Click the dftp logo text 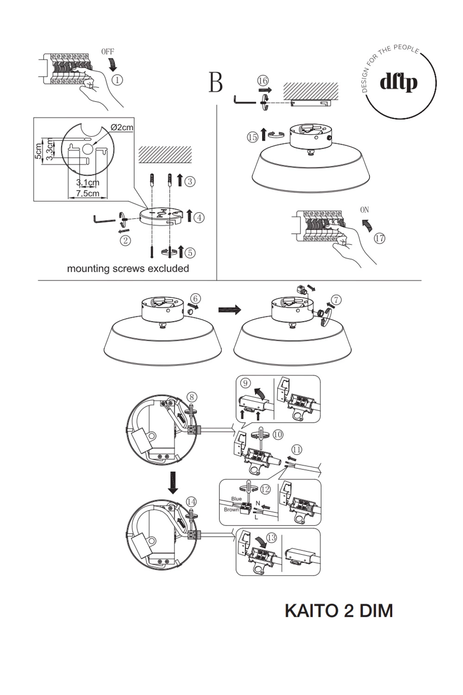tap(399, 83)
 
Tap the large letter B tap(216, 82)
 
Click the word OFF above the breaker tap(107, 52)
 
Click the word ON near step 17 tap(364, 210)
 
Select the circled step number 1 tap(118, 80)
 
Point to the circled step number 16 tap(263, 81)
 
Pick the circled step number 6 tap(196, 299)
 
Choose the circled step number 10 tap(277, 435)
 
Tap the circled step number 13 tap(272, 537)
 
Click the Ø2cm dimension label tap(122, 127)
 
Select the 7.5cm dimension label tap(88, 193)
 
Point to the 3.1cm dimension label tap(88, 183)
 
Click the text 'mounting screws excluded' tap(128, 269)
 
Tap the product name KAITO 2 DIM tap(339, 611)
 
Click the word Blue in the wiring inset tap(236, 499)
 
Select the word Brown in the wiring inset tap(231, 510)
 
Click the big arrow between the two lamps tap(230, 310)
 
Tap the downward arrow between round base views tap(173, 483)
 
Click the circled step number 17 tap(380, 239)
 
